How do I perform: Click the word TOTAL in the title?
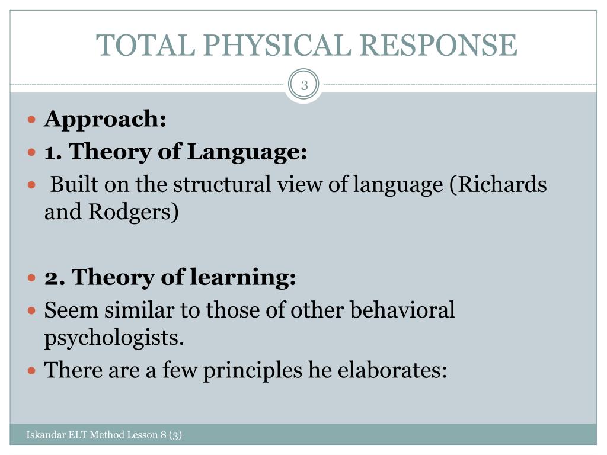click(x=146, y=45)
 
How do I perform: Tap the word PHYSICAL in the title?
click(x=277, y=45)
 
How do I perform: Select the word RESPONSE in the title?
click(x=438, y=45)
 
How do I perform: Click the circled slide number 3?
click(x=304, y=85)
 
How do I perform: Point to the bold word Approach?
click(x=106, y=119)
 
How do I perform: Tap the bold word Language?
click(x=247, y=152)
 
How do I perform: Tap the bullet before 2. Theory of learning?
click(x=32, y=277)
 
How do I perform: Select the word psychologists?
click(x=114, y=338)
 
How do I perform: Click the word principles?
click(x=253, y=370)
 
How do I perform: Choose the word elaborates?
click(x=392, y=370)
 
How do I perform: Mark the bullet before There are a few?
click(x=32, y=371)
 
